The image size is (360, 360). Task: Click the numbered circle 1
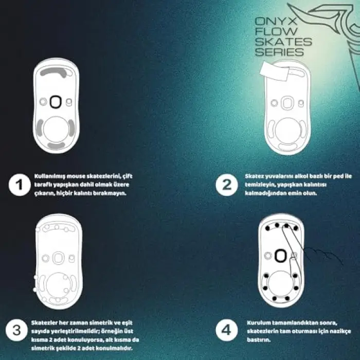click(20, 185)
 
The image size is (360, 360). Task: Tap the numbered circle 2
click(227, 185)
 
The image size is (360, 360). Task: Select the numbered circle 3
click(16, 330)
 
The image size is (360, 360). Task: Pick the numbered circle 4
click(227, 330)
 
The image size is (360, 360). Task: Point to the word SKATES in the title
click(283, 42)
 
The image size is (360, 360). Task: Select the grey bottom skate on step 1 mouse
click(56, 146)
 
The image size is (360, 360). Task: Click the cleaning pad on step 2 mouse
click(274, 71)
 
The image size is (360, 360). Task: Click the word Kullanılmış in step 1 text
click(48, 176)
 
